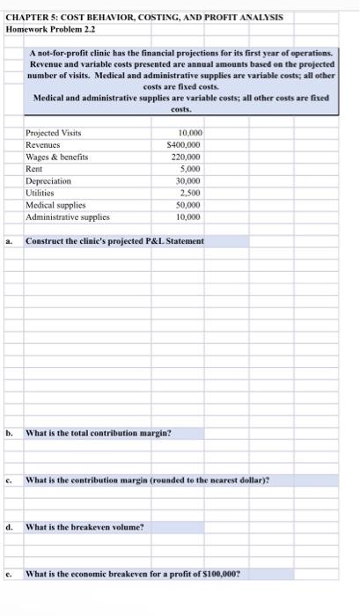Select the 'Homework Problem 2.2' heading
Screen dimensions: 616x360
pos(50,28)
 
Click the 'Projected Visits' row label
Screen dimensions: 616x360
pos(54,132)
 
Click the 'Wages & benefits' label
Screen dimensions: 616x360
pos(56,156)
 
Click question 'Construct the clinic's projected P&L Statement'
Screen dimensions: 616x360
pos(114,240)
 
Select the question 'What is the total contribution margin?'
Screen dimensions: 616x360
pos(99,432)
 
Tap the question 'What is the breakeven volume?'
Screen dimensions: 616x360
pos(84,527)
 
